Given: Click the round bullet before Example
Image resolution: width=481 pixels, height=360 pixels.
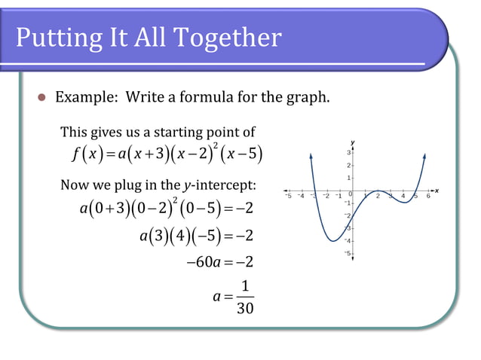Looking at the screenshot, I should click(x=42, y=99).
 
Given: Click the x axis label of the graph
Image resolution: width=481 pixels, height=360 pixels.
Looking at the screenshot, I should click(x=437, y=190).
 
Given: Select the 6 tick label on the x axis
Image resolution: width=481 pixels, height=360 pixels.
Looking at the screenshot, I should click(x=427, y=197).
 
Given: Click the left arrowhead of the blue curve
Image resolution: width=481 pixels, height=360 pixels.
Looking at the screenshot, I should click(x=311, y=155).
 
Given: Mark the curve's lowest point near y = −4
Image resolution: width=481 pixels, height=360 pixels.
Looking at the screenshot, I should click(x=332, y=241).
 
